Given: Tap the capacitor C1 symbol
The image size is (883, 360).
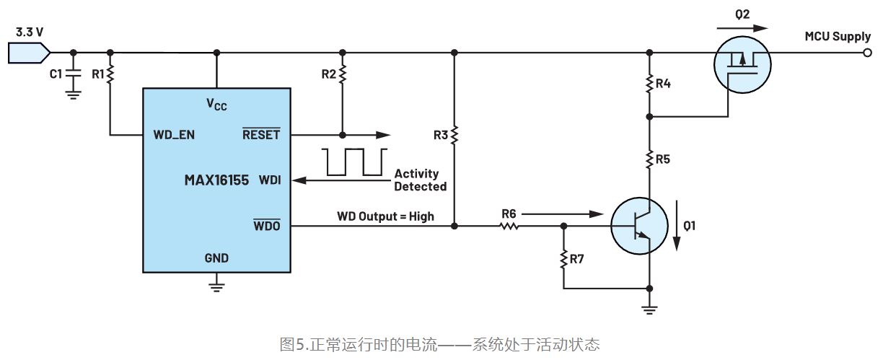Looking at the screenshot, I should tap(73, 73).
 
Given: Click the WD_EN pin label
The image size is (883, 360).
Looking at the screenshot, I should tap(174, 135).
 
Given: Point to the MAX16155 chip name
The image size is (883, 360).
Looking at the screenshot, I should tap(216, 180).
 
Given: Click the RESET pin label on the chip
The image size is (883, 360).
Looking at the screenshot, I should tap(260, 135).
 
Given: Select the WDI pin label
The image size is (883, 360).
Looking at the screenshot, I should tap(269, 180).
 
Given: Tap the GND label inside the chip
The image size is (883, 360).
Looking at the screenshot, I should tap(216, 258).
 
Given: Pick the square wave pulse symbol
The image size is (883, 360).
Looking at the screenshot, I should tap(353, 162).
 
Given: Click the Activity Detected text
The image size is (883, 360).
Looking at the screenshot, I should tap(420, 180).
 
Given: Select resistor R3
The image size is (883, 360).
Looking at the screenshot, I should tap(454, 135).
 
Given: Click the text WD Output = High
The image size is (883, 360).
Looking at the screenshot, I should tap(385, 216).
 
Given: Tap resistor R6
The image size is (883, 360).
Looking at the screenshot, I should tap(509, 225).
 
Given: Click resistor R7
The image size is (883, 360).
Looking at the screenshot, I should tap(563, 258).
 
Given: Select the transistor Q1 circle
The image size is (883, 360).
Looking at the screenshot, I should tap(638, 226).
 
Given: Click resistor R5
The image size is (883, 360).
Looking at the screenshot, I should tap(650, 157).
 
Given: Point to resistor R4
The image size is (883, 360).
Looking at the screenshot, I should tap(650, 84).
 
